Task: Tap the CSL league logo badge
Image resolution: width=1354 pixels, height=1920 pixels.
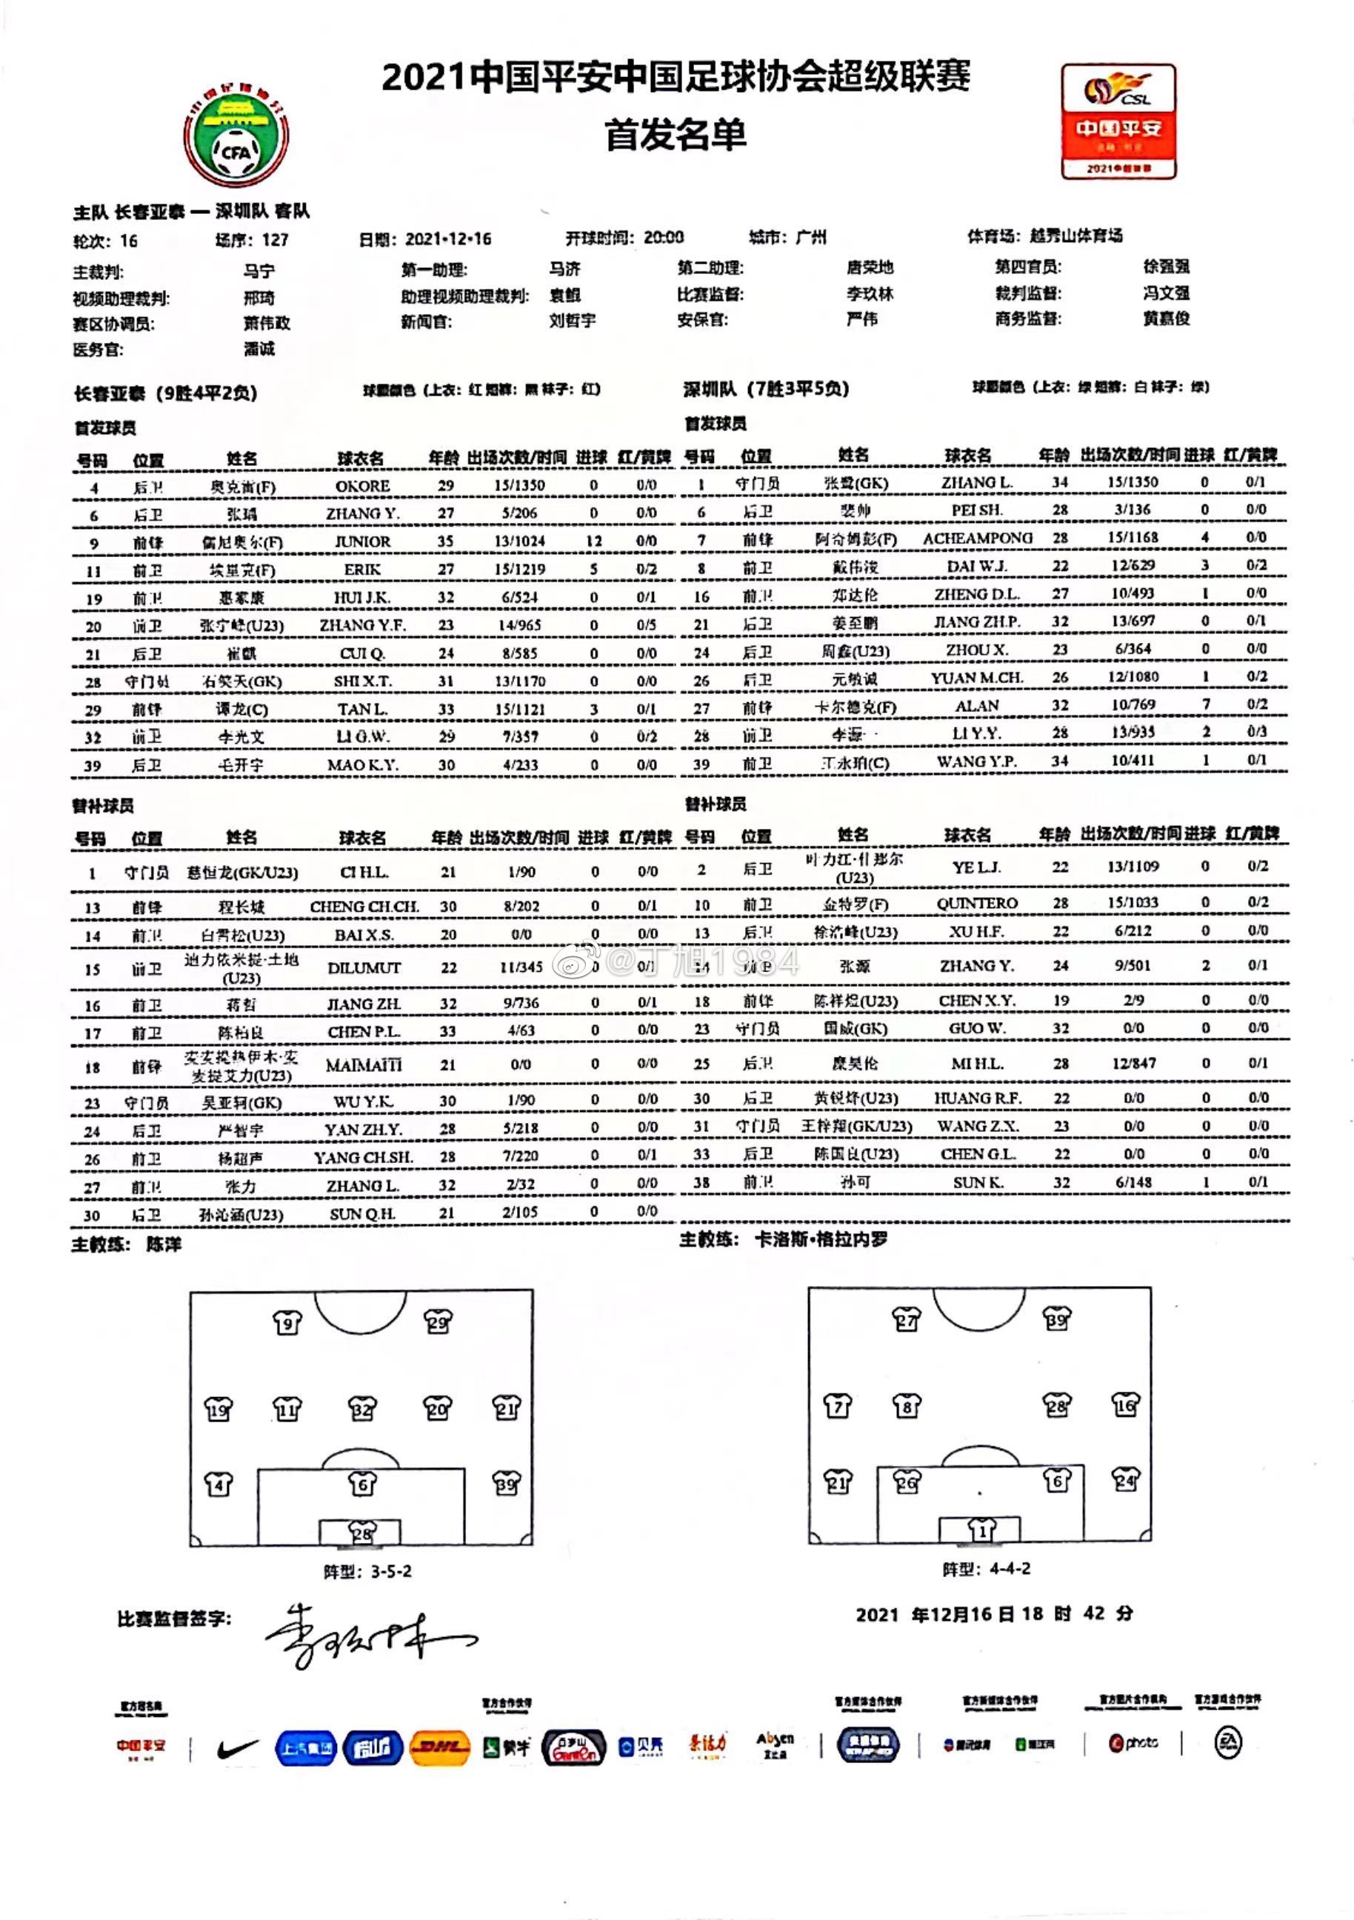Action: pos(1118,121)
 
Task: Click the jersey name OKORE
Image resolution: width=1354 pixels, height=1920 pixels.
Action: pos(362,486)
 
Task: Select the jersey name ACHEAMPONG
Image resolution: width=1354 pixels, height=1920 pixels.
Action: pos(977,539)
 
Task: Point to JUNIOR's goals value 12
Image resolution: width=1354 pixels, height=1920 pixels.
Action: pos(594,541)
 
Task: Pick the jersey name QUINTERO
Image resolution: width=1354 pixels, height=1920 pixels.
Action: pos(977,903)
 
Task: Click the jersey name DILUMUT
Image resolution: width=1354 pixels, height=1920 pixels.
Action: pos(364,967)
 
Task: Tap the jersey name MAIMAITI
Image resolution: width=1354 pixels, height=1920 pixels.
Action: pos(364,1064)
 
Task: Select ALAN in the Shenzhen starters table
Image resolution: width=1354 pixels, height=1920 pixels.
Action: pos(977,706)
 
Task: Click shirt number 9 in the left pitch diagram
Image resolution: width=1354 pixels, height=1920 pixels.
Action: pos(287,1323)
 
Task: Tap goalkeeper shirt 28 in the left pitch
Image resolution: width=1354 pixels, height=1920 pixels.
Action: pos(362,1533)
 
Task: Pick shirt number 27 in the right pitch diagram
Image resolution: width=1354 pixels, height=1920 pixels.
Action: pos(907,1319)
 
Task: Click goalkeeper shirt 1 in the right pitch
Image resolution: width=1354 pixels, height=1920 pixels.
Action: pos(981,1530)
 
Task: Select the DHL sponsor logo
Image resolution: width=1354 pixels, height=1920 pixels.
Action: pos(440,1747)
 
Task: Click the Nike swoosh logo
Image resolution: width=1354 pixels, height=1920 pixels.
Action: pos(237,1747)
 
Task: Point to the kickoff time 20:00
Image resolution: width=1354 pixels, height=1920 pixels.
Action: pos(663,238)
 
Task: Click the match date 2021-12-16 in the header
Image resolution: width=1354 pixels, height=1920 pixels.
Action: pos(447,239)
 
